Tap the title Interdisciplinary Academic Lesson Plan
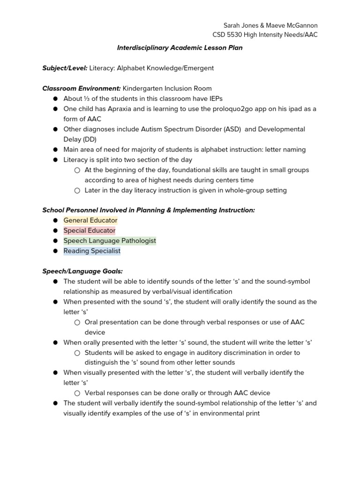(x=180, y=48)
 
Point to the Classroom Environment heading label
(x=82, y=88)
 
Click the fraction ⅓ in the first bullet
(x=86, y=98)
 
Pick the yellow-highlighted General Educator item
(x=90, y=220)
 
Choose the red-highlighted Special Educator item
(x=89, y=231)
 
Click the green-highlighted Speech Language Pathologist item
(x=110, y=240)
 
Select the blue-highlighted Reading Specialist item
(x=92, y=251)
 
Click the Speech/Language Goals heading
(x=82, y=271)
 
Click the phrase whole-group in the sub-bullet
(x=225, y=190)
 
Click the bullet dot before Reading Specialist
(x=55, y=251)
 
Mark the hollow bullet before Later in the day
(x=77, y=190)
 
